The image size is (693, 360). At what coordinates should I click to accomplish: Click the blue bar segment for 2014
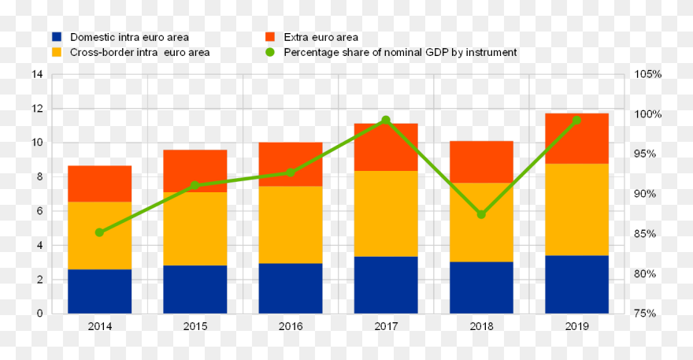coord(99,291)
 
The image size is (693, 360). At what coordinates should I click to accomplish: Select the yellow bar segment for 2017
coord(386,213)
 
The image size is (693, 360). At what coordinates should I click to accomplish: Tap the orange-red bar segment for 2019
coord(576,139)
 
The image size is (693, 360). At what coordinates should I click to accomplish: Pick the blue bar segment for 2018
coord(481,288)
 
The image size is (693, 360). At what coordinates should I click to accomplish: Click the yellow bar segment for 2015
coord(195,228)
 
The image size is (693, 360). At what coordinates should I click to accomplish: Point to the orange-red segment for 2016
coord(290,164)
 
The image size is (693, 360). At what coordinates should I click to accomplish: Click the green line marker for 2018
coord(481,214)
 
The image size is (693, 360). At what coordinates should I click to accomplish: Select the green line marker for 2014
coord(99,232)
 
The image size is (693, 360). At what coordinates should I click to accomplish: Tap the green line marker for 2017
coord(386,121)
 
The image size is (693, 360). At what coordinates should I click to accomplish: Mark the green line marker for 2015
coord(195,185)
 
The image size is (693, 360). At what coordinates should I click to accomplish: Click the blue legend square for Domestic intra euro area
coord(57,37)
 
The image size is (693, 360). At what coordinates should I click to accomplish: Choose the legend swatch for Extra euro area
coord(270,37)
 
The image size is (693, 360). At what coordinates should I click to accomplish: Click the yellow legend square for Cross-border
coord(57,53)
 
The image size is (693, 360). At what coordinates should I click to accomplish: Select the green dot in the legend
coord(270,53)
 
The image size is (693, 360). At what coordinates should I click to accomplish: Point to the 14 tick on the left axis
coord(37,75)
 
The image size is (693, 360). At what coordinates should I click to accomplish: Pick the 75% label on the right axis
coord(650,314)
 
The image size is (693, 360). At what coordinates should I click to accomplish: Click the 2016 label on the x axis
coord(290,325)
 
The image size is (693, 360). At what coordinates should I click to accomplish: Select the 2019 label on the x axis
coord(576,325)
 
